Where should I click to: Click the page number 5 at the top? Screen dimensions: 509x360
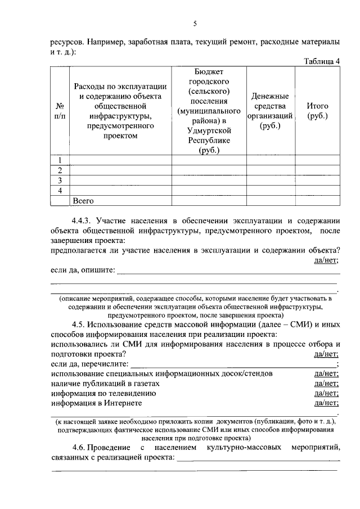(x=195, y=23)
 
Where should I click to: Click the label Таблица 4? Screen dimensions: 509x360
(x=322, y=62)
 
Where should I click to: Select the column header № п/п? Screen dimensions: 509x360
(x=60, y=111)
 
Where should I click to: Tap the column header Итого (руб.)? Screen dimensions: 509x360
(x=317, y=111)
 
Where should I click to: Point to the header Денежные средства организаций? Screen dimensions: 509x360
(x=270, y=111)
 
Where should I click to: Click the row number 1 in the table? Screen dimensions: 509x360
(x=60, y=160)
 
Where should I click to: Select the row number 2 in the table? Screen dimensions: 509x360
(x=60, y=170)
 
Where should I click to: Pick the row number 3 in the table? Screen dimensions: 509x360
(x=60, y=180)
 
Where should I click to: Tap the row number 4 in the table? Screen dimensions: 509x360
(x=60, y=190)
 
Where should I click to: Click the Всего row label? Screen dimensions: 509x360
(x=83, y=200)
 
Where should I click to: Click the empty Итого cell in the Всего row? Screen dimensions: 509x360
(x=317, y=200)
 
